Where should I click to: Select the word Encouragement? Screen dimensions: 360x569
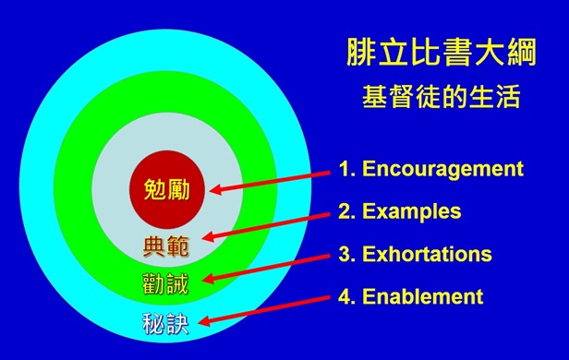(x=442, y=169)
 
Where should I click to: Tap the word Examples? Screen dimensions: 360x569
(x=411, y=211)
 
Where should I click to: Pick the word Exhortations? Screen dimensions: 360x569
(x=427, y=254)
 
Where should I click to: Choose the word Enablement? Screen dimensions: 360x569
(x=422, y=296)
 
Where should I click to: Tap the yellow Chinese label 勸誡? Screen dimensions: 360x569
(x=167, y=283)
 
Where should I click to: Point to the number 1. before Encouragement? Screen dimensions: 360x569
(x=347, y=169)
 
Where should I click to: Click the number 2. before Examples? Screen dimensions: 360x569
(x=347, y=211)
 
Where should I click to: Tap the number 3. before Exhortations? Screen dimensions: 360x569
(x=347, y=254)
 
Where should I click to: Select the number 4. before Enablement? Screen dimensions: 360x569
(x=347, y=296)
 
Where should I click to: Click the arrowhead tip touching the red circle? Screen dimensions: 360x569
(x=212, y=190)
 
